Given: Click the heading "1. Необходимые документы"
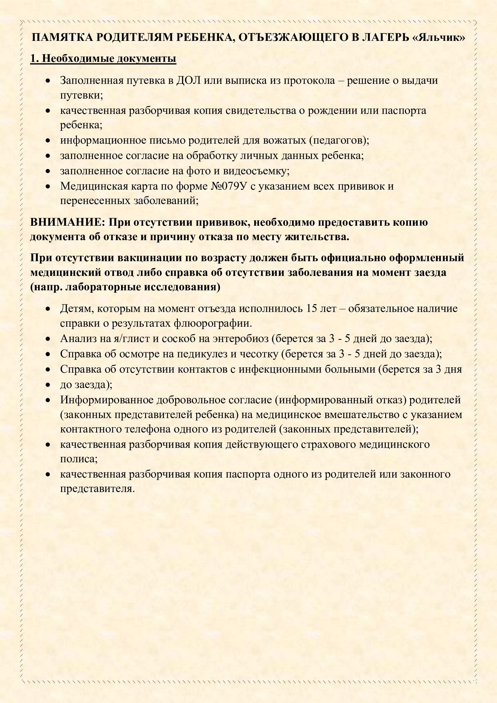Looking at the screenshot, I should pos(103,58).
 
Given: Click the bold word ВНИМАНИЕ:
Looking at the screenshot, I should pos(68,222).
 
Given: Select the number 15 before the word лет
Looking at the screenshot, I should pos(312,308).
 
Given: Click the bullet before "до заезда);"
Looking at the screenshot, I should pos(48,385).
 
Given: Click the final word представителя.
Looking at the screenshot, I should pos(97,489).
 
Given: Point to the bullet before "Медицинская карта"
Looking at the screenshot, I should pos(48,186).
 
